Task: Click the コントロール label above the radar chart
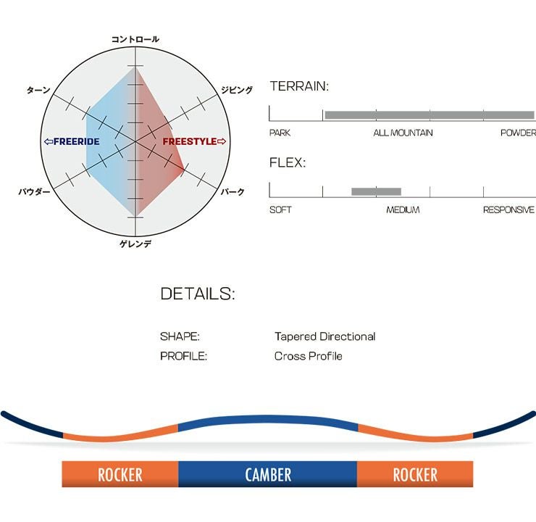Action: coord(135,39)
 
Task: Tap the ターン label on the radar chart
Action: coord(38,90)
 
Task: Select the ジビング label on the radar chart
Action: coord(237,90)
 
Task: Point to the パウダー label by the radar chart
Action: coord(34,192)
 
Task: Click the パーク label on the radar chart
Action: coord(232,192)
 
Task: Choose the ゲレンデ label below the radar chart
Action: coord(135,244)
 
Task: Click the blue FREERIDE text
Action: coord(72,141)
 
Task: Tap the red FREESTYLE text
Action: coord(193,141)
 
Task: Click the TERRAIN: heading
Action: coord(299,86)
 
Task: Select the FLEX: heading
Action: coord(288,162)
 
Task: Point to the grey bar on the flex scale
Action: coord(376,191)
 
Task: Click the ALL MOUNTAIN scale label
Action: coord(403,133)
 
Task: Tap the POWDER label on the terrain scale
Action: coord(517,133)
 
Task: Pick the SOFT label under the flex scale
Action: coord(280,210)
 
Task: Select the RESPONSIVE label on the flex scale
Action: coord(508,210)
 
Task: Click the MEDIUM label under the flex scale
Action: coord(403,210)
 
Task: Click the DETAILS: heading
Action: coord(197,294)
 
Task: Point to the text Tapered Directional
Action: coord(324,336)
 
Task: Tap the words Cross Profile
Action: coord(308,356)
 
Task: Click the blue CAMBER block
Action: coord(267,475)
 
